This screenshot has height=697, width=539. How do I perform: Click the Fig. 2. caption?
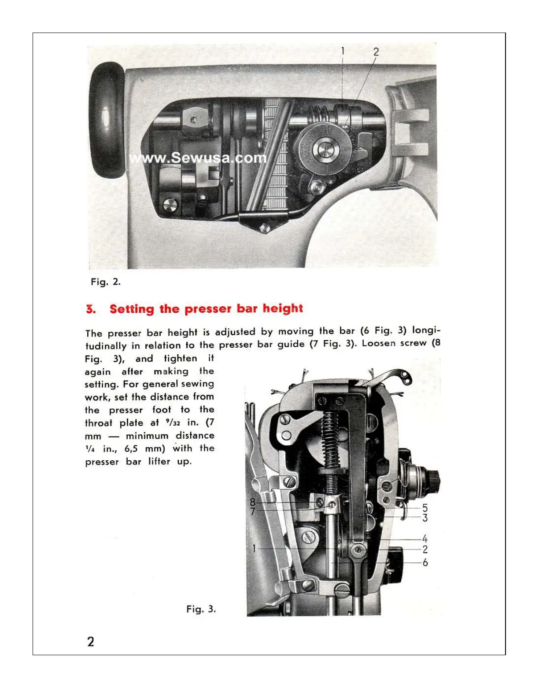[106, 282]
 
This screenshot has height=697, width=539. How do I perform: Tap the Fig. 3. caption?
[201, 609]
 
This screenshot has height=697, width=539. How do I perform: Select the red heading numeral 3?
[91, 309]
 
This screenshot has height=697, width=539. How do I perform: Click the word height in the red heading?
[283, 308]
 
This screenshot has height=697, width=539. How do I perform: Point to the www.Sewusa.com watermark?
[198, 158]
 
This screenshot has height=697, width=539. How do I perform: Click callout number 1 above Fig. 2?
[343, 51]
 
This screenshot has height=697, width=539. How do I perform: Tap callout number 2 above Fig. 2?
[376, 51]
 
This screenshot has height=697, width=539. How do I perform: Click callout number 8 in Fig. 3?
[253, 502]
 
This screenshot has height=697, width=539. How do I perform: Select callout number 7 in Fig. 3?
[253, 511]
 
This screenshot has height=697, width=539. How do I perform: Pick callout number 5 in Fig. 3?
[425, 508]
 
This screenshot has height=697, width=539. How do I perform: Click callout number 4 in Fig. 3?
[425, 539]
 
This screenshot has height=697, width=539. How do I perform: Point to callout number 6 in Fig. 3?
[425, 562]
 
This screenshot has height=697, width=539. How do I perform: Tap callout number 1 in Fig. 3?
[254, 548]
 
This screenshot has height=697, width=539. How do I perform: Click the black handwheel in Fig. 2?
[107, 120]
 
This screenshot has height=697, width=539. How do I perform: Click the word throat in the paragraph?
[99, 423]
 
